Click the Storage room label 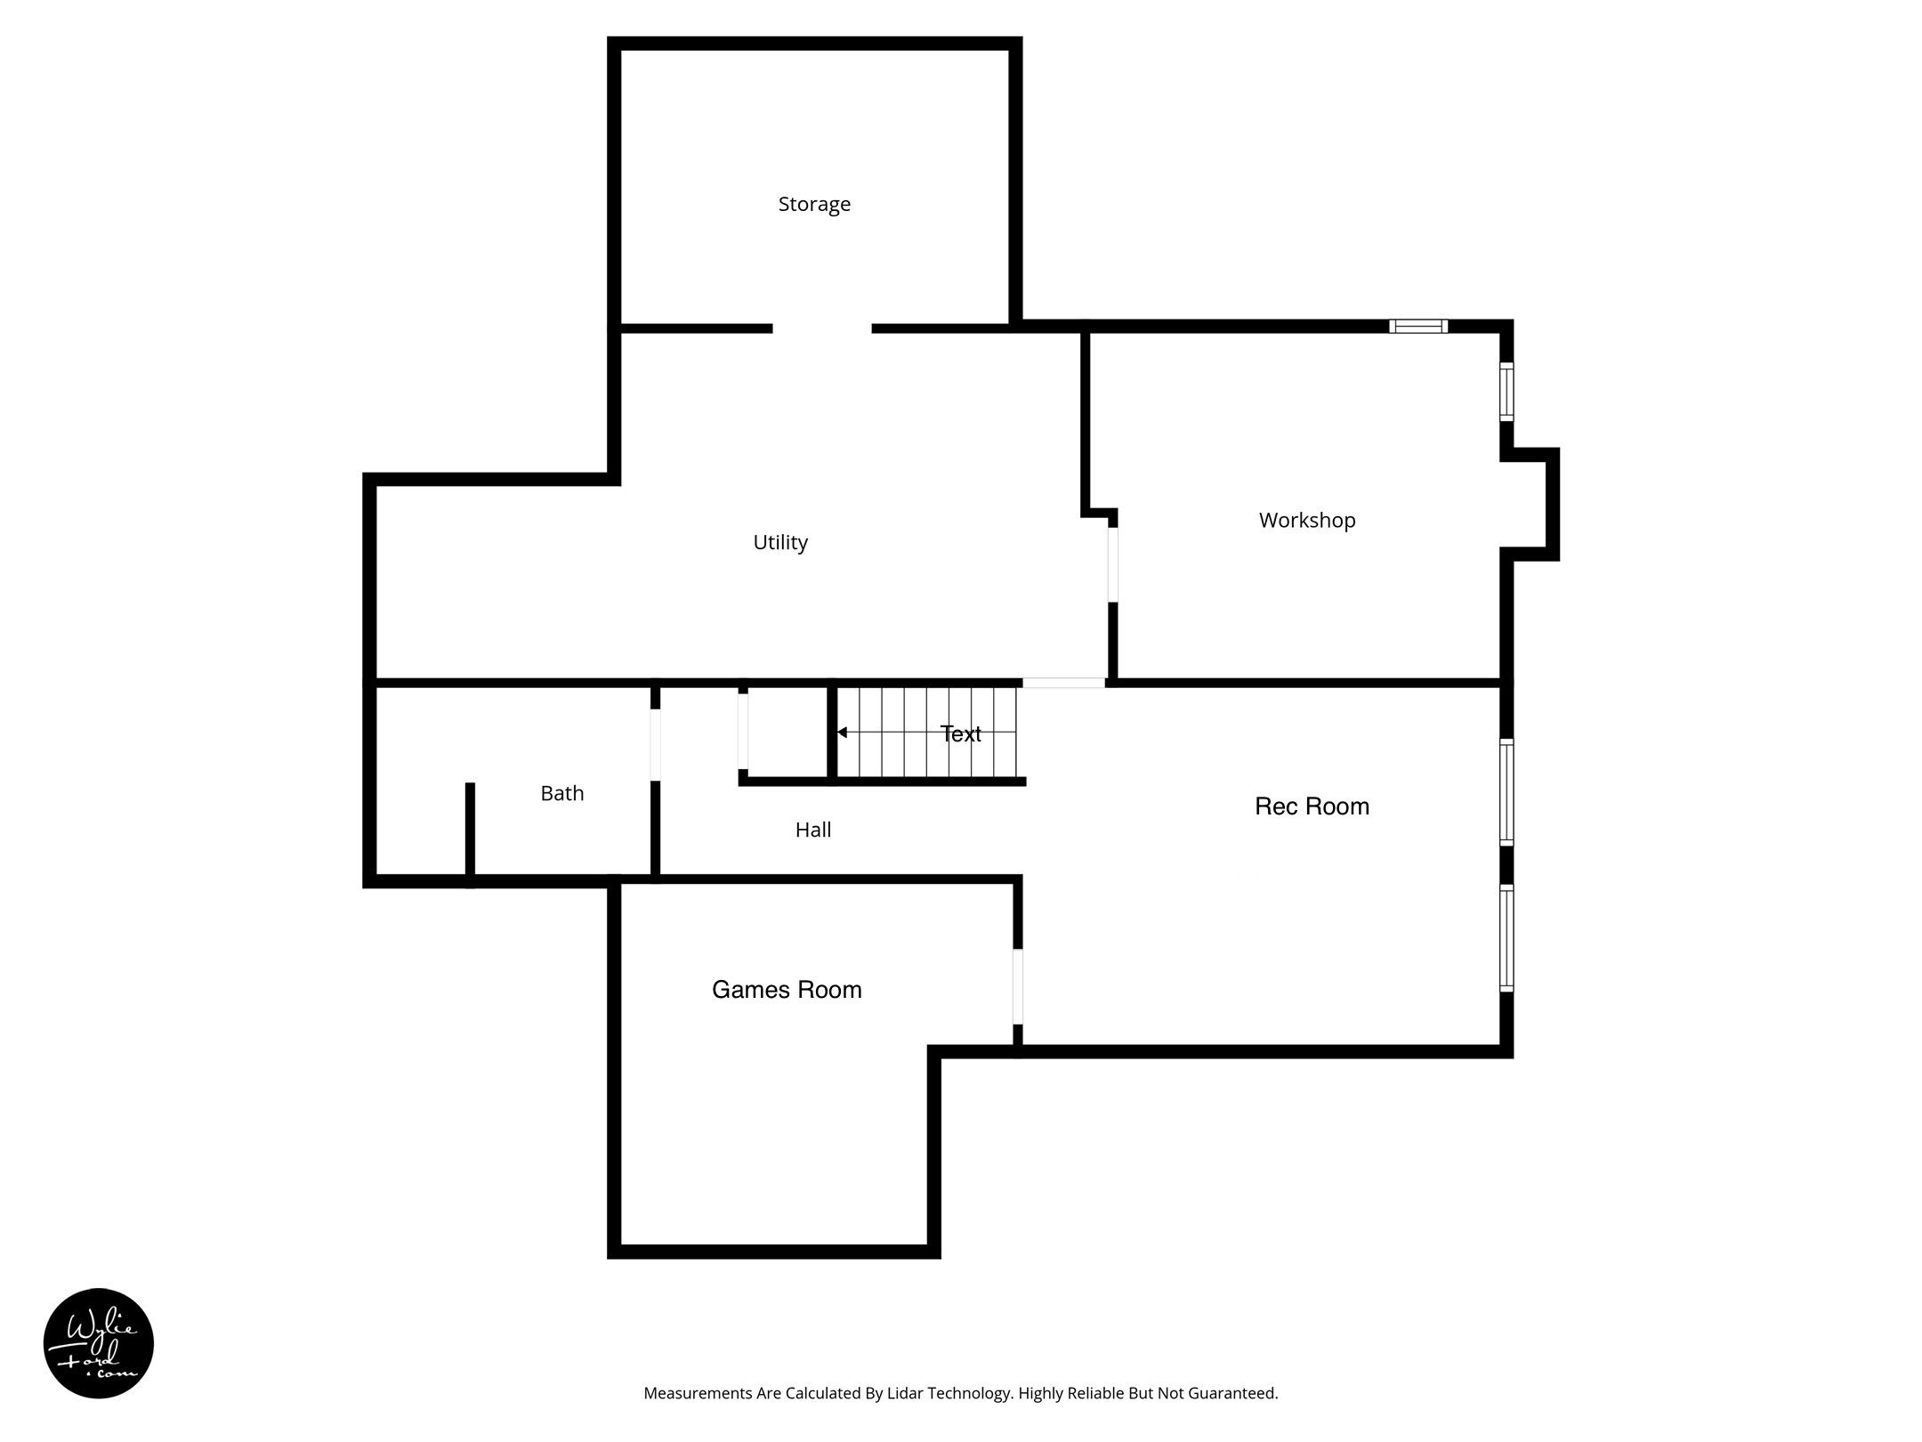pos(814,205)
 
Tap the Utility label pos(780,542)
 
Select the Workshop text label pos(1307,520)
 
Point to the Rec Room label pos(1312,806)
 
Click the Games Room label pos(787,990)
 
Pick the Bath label pos(562,793)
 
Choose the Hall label pos(813,830)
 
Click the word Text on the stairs pos(961,733)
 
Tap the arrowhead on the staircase pos(842,733)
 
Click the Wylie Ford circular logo pos(99,1343)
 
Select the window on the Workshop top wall pos(1418,326)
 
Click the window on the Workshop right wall pos(1506,391)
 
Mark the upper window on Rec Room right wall pos(1506,792)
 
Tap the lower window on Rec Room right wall pos(1506,937)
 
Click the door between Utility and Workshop pos(1112,564)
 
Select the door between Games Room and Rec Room pos(1018,986)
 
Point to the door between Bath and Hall pos(656,745)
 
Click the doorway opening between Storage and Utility pos(822,328)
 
